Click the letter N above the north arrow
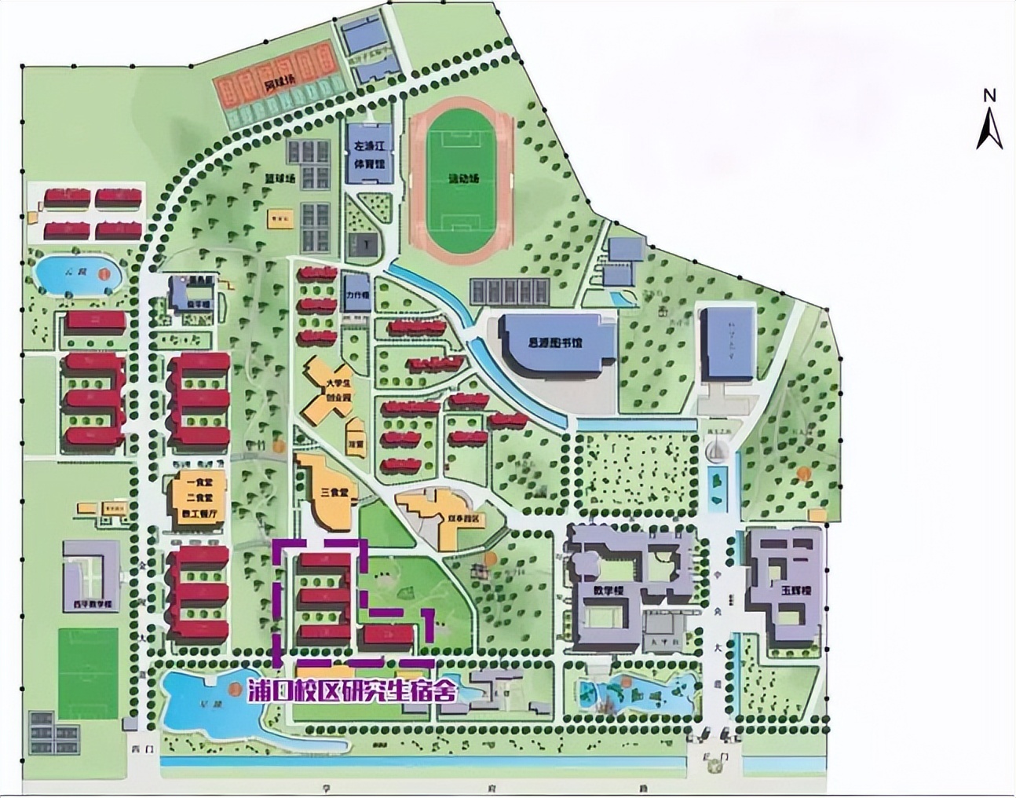click(989, 95)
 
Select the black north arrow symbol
click(989, 129)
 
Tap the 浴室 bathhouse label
click(357, 445)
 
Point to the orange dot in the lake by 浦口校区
click(233, 689)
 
